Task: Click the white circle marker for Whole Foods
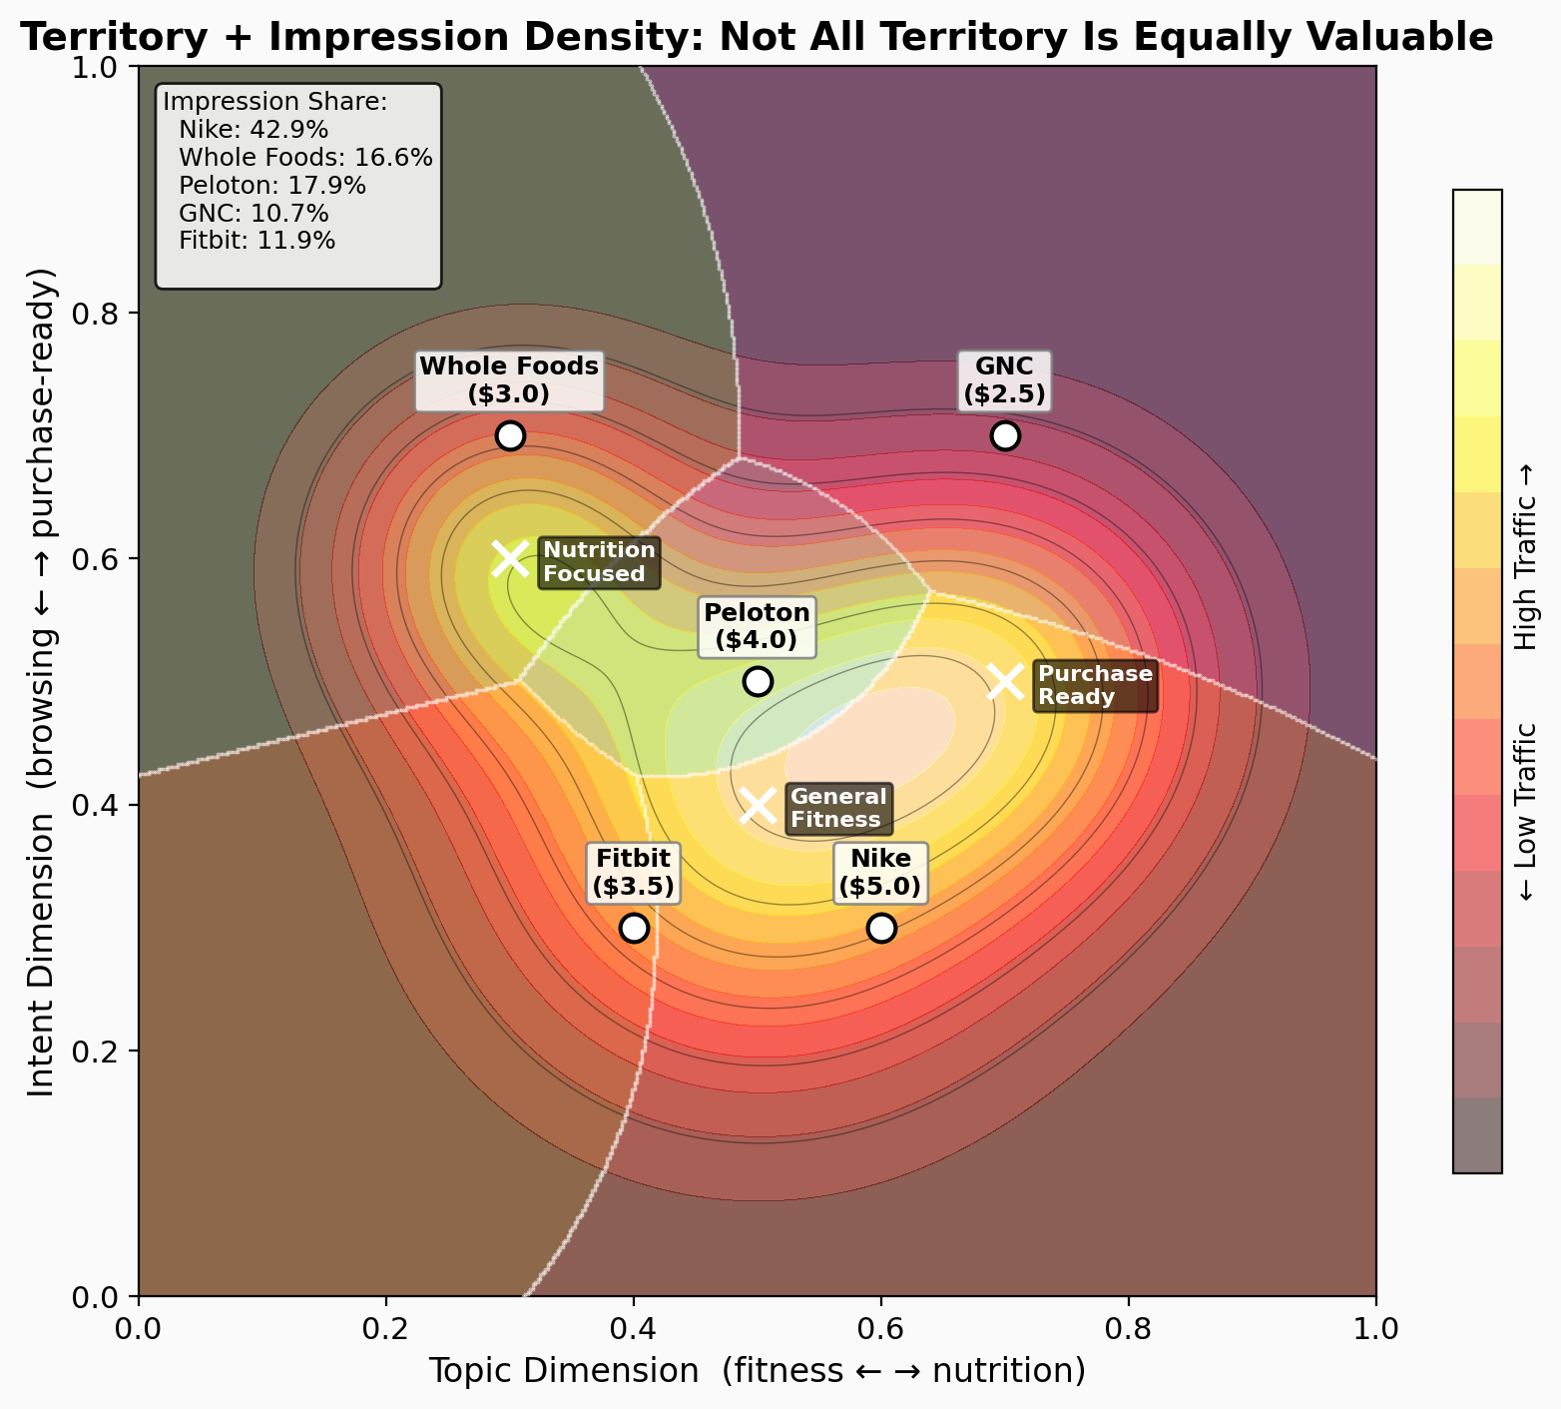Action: pyautogui.click(x=510, y=436)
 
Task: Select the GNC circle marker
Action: pyautogui.click(x=1005, y=436)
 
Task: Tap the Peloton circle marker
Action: pyautogui.click(x=758, y=682)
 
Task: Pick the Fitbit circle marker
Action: pyautogui.click(x=634, y=928)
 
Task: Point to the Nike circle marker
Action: pyautogui.click(x=881, y=928)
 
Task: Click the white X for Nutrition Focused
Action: pyautogui.click(x=510, y=558)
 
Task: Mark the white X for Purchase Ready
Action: pyautogui.click(x=1005, y=682)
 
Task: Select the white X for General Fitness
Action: pyautogui.click(x=758, y=805)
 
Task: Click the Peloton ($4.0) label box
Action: pyautogui.click(x=757, y=626)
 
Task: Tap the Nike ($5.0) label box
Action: pyautogui.click(x=880, y=873)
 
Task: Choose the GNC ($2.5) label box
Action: pyautogui.click(x=1004, y=380)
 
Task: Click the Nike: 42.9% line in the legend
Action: pyautogui.click(x=254, y=130)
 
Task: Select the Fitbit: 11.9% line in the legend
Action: pyautogui.click(x=258, y=241)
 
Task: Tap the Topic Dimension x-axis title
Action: pyautogui.click(x=757, y=1371)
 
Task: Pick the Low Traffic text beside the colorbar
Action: pyautogui.click(x=1526, y=812)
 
